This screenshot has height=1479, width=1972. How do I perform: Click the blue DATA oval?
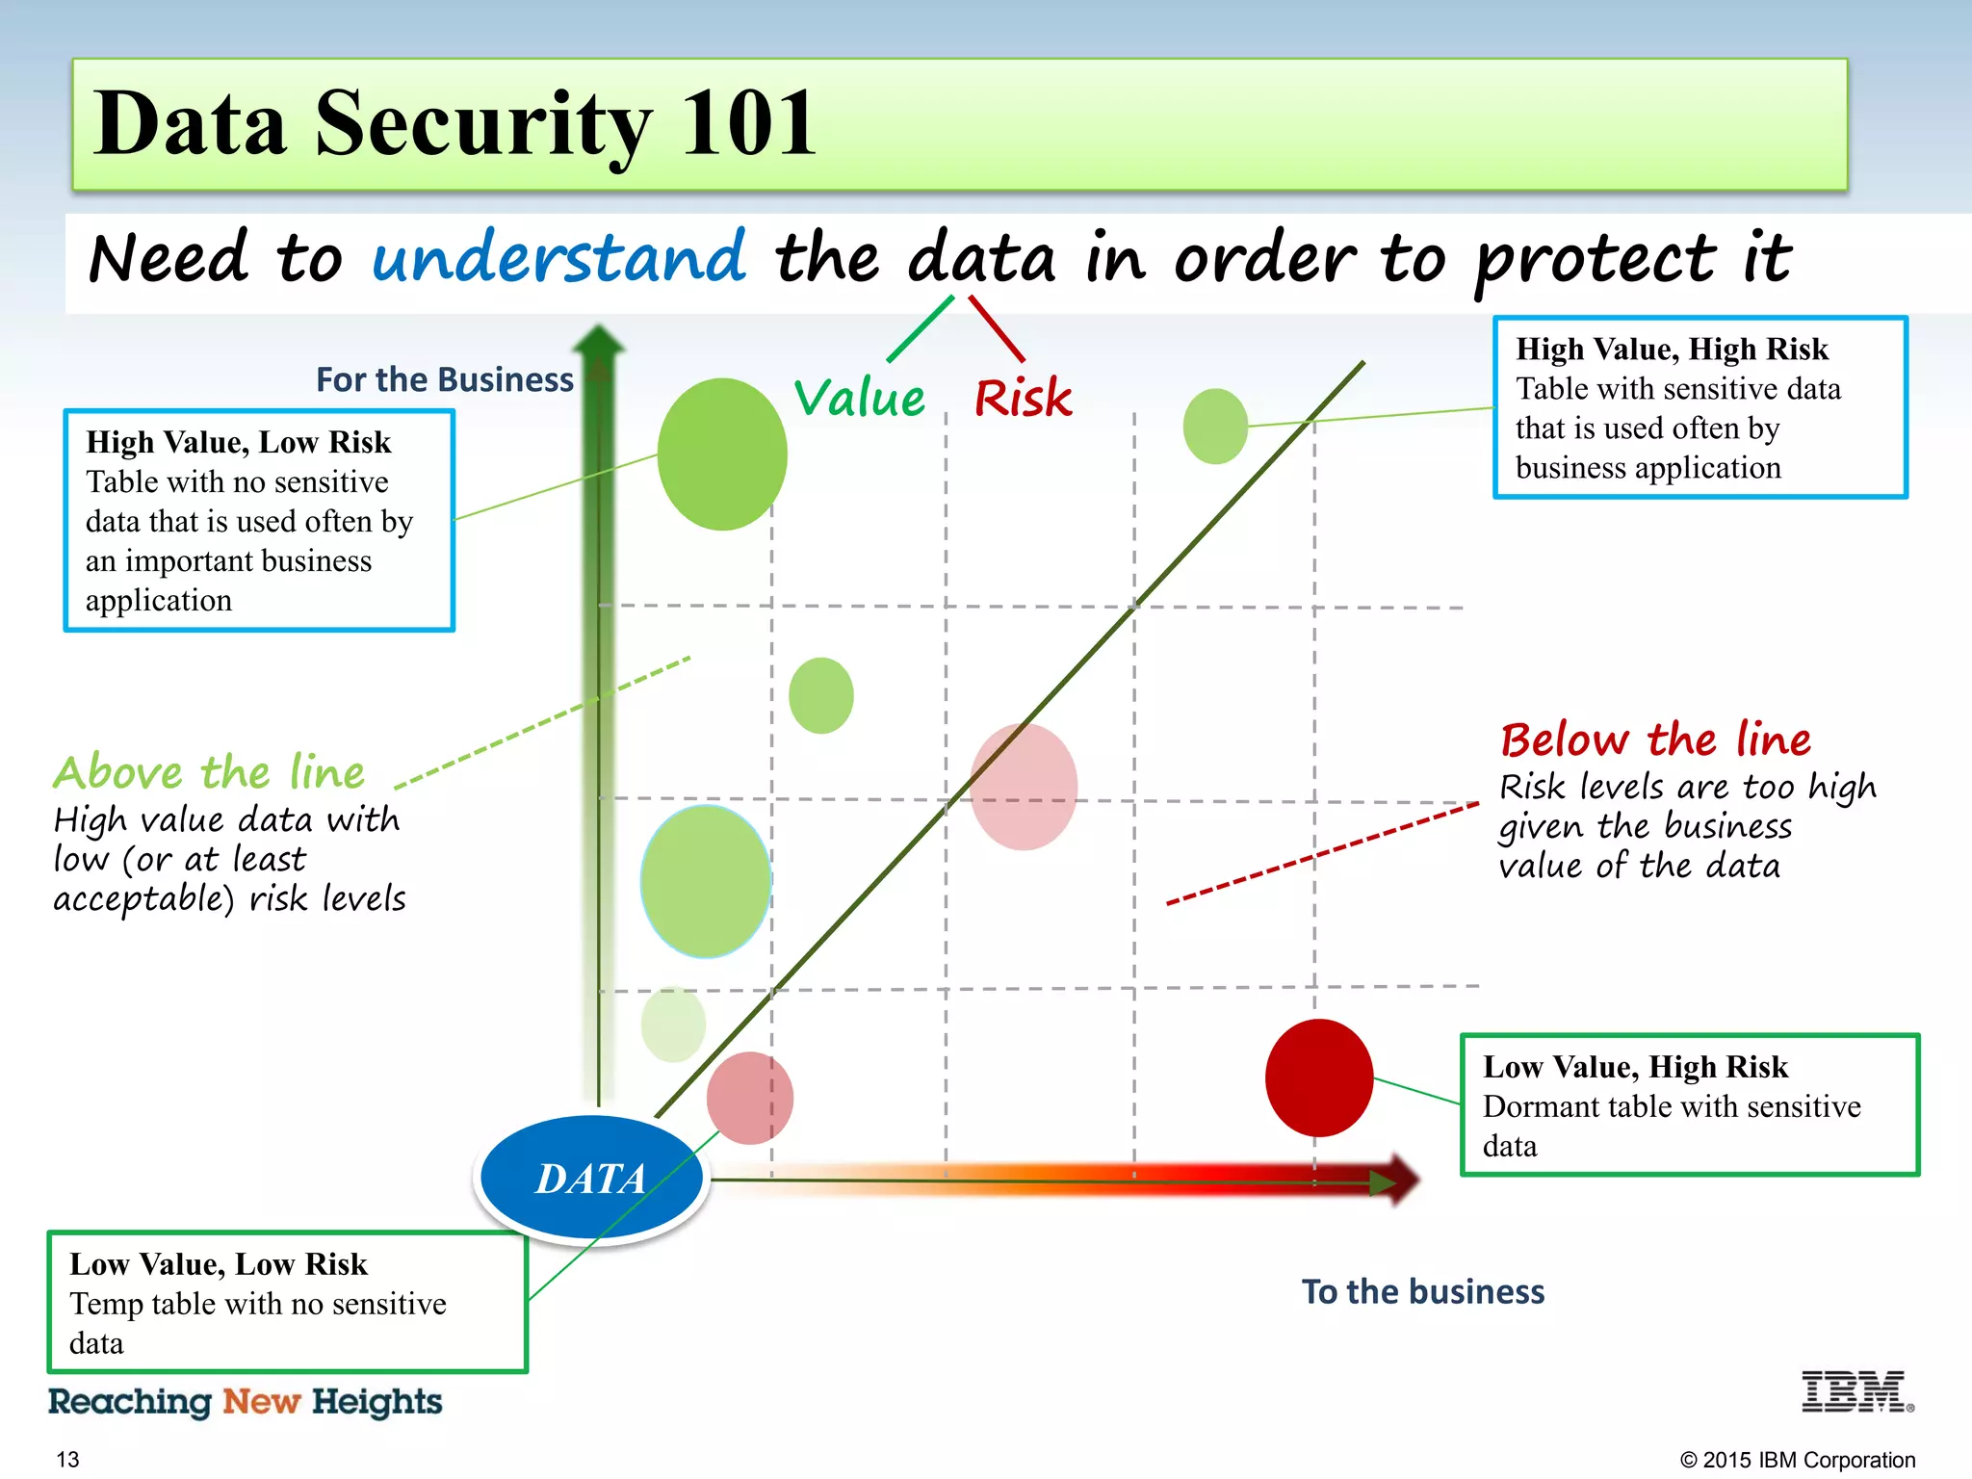click(590, 1178)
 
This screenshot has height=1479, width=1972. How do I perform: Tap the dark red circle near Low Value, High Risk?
click(1318, 1077)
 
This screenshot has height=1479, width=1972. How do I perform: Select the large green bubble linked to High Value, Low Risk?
click(722, 454)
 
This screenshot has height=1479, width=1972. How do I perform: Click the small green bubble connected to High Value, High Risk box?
click(1215, 426)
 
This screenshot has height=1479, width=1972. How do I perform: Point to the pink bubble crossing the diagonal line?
click(1023, 787)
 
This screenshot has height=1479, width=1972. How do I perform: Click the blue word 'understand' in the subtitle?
click(558, 258)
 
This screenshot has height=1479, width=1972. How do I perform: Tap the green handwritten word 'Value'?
click(859, 398)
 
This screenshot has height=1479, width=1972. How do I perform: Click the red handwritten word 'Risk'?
click(1023, 398)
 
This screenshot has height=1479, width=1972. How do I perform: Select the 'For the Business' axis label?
click(444, 379)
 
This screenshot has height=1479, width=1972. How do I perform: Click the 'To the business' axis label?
click(1422, 1291)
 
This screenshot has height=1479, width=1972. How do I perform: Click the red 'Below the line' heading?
click(1655, 739)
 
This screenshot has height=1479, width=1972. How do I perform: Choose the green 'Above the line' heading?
click(209, 772)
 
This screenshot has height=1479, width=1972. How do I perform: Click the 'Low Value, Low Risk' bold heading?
click(219, 1263)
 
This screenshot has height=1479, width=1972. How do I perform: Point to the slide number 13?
click(67, 1460)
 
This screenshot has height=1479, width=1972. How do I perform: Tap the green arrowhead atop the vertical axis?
click(599, 344)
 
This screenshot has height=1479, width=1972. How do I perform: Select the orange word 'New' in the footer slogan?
click(261, 1401)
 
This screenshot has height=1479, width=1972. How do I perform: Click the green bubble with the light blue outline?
click(706, 880)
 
